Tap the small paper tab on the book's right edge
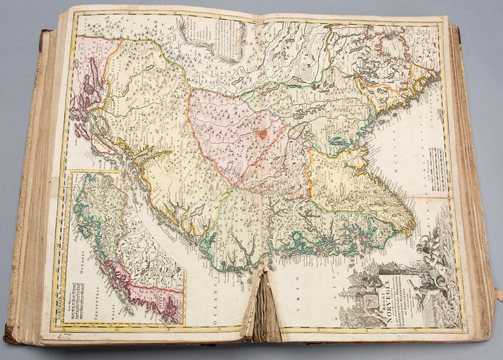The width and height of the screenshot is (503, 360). pos(498,295)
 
